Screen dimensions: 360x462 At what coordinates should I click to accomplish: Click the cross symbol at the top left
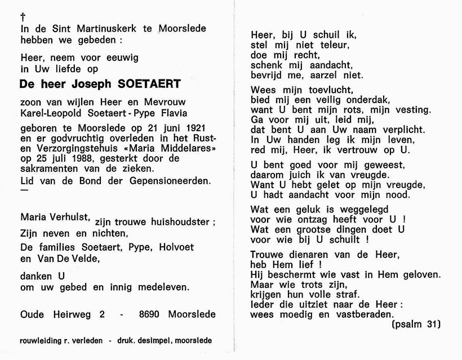coord(22,17)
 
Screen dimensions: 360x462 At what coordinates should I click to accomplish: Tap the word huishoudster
coord(172,222)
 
